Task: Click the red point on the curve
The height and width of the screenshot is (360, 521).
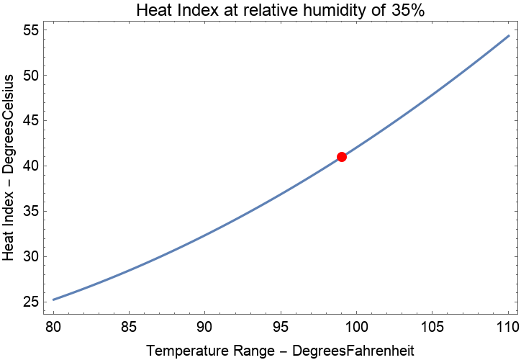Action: [x=342, y=157]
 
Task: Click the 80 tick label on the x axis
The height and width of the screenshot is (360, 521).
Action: [x=53, y=328]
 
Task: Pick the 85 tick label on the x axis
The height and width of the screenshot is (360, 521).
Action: [x=129, y=328]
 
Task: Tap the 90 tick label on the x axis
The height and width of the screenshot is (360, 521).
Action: [x=205, y=328]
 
